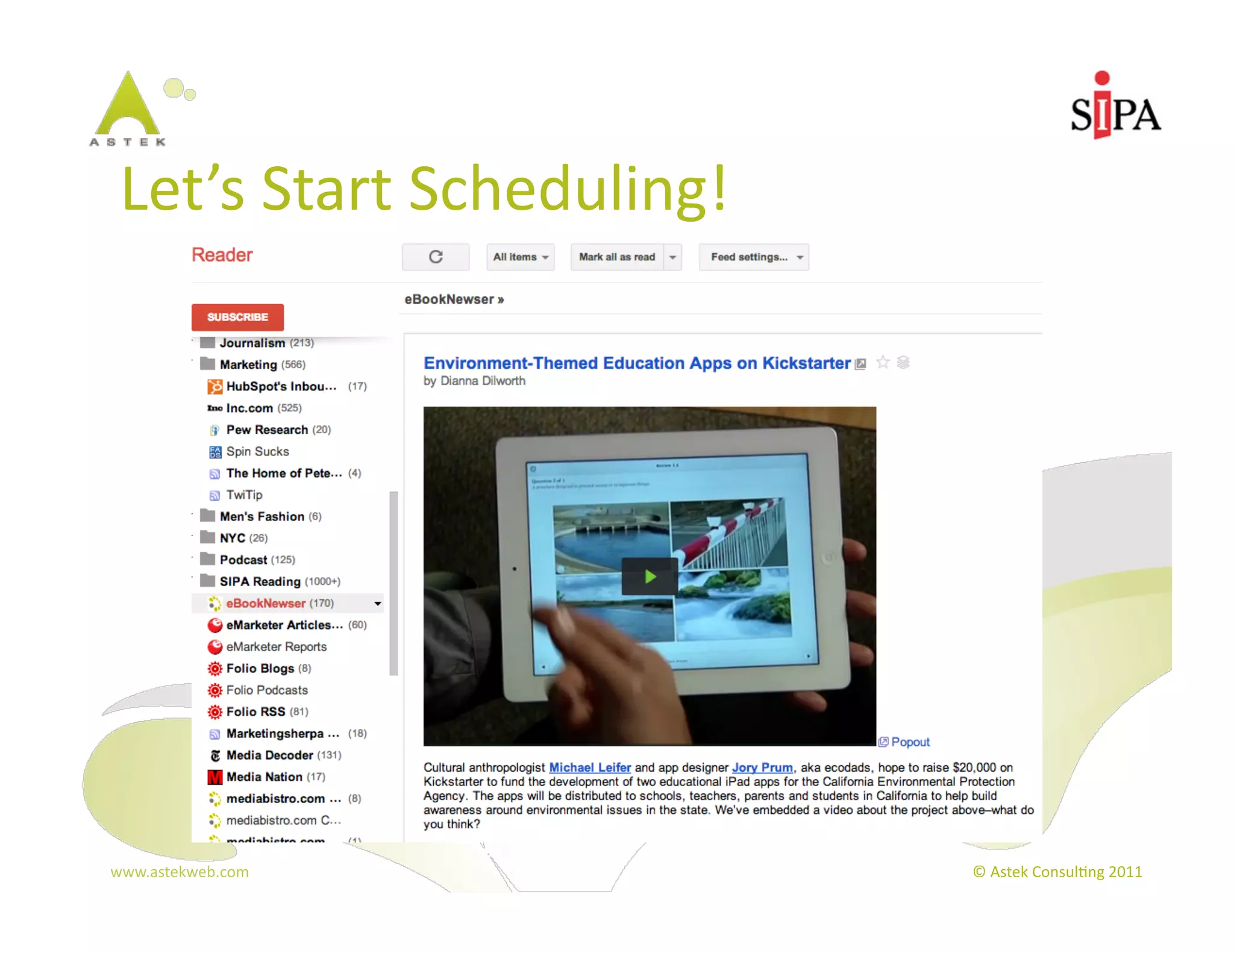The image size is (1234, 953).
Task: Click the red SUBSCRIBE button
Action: (x=237, y=317)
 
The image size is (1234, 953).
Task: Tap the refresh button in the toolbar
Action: (x=436, y=257)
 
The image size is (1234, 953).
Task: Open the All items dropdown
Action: (x=520, y=257)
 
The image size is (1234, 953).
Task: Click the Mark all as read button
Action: (x=616, y=257)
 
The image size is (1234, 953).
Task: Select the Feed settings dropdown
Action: (x=754, y=257)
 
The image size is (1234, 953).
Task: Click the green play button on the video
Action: (x=650, y=576)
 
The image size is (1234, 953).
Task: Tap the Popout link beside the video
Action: (x=910, y=742)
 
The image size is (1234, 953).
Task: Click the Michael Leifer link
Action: (x=590, y=767)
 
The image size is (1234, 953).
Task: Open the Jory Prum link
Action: (x=762, y=767)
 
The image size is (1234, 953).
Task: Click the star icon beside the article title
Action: (x=883, y=363)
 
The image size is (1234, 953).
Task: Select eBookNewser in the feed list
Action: (x=266, y=603)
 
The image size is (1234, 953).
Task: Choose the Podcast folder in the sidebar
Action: (x=243, y=560)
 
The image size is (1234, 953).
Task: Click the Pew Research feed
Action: (x=267, y=430)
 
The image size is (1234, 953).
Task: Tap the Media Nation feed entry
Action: (x=264, y=776)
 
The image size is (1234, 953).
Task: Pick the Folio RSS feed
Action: (x=255, y=711)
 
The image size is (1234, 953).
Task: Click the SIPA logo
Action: (x=1115, y=108)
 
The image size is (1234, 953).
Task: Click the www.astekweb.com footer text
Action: (x=180, y=872)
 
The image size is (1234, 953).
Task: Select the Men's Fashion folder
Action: (x=262, y=516)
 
